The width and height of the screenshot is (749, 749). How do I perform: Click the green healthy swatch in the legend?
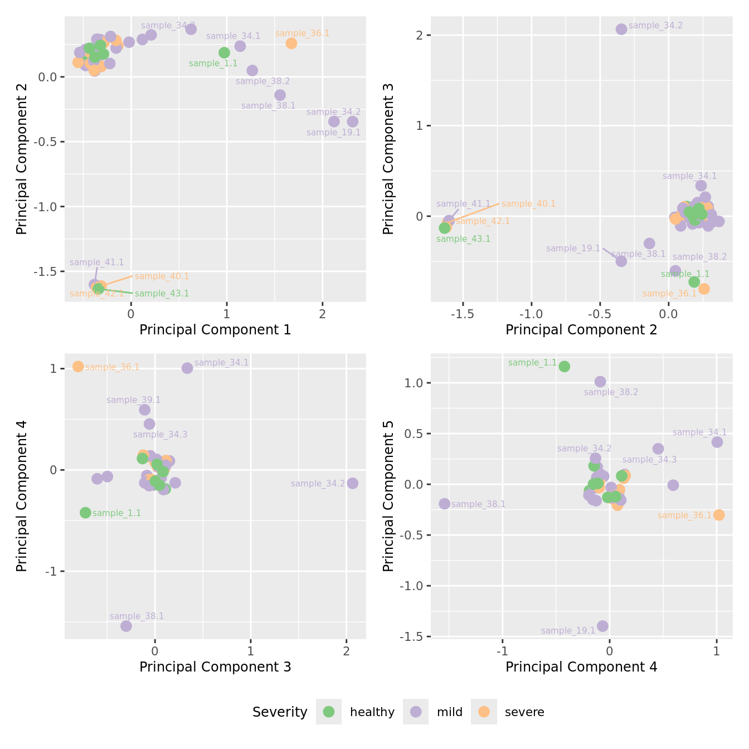329,712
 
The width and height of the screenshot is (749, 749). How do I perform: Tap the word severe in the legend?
524,712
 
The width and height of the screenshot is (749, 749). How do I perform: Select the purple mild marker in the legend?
416,712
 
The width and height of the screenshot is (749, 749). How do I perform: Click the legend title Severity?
280,712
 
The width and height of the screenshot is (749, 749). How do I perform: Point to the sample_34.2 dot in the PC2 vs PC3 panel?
621,29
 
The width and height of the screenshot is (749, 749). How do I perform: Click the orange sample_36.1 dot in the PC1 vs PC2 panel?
291,43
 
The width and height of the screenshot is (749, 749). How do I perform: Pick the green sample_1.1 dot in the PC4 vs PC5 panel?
565,366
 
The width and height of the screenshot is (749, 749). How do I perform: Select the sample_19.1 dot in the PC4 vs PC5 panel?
602,626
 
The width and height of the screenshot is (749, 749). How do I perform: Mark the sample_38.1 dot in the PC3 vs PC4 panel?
127,626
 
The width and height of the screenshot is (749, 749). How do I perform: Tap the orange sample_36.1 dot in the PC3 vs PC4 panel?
78,366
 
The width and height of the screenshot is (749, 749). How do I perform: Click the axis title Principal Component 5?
388,495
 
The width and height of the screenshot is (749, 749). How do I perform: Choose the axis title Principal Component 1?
215,330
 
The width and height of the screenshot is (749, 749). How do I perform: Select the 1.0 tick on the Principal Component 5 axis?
415,383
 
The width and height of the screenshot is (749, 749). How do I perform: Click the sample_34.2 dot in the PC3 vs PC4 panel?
353,483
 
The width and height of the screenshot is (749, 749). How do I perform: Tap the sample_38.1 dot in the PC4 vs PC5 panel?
444,504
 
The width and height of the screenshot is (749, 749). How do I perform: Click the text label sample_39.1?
133,400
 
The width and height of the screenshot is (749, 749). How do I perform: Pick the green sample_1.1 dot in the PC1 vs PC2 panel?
225,53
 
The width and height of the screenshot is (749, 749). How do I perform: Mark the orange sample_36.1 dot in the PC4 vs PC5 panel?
719,515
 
